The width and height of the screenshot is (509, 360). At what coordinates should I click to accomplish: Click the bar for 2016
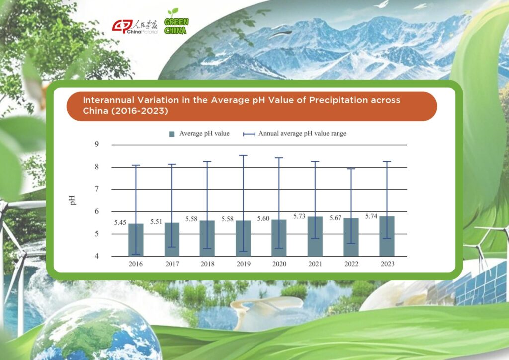coord(136,240)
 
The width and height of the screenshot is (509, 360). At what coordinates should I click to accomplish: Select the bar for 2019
coord(243,238)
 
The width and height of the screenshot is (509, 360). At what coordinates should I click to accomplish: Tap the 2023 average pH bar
coord(387,236)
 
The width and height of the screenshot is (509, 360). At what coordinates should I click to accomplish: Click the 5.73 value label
coord(299,216)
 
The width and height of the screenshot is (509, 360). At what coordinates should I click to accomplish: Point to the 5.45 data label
coord(120,222)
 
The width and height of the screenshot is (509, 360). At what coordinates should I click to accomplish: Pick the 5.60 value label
coord(263,218)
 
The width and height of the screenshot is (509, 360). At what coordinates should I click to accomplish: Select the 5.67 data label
coord(336,218)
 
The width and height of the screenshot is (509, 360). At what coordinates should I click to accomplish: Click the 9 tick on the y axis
coord(97,144)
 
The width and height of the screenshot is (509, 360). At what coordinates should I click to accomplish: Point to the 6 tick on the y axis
coord(97,211)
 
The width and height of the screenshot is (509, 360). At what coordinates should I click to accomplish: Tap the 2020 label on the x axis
coord(279,264)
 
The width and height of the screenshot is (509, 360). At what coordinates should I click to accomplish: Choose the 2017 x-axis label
coord(172,264)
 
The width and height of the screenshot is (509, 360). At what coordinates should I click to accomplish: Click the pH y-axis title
coord(72,200)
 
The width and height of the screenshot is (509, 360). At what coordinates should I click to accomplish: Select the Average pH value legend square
coord(171,134)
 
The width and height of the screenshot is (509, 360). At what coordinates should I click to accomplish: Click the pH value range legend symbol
coord(249,134)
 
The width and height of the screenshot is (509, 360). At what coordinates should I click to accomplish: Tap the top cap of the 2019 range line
coord(243,155)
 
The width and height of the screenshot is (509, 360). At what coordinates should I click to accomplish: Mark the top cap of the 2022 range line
coord(351,169)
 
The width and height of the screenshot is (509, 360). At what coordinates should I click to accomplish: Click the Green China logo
coord(176,21)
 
